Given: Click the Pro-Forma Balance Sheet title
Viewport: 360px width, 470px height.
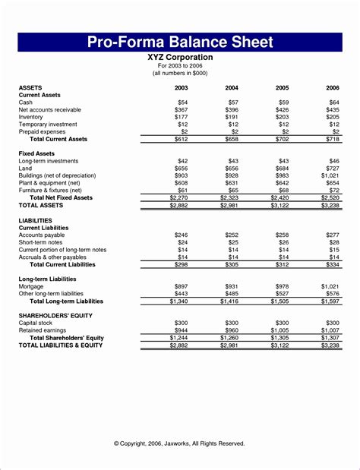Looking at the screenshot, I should pyautogui.click(x=180, y=41).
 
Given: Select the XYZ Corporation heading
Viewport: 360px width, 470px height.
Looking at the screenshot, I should pyautogui.click(x=180, y=57).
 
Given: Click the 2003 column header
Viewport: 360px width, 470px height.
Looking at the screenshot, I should pyautogui.click(x=182, y=87).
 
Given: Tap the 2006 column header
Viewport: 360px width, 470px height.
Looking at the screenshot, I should pyautogui.click(x=333, y=87).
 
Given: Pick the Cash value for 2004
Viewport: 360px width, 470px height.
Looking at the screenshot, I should pyautogui.click(x=233, y=102).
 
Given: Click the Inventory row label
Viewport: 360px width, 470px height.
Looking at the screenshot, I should pyautogui.click(x=32, y=117).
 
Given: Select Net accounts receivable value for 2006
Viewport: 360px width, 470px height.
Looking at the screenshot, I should pyautogui.click(x=333, y=109).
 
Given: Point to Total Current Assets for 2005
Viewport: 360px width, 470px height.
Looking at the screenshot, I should pyautogui.click(x=283, y=140).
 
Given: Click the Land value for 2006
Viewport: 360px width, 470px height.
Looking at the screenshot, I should pyautogui.click(x=333, y=169).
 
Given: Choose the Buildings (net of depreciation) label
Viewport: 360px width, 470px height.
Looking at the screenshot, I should pyautogui.click(x=58, y=175).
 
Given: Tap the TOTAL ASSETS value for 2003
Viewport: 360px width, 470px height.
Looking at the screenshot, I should pyautogui.click(x=179, y=205).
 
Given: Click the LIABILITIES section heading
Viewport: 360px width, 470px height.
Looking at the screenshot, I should pyautogui.click(x=36, y=220).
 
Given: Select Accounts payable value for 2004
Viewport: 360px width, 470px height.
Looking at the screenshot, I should pyautogui.click(x=232, y=235).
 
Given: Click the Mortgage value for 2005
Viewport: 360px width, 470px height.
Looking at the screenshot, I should pyautogui.click(x=283, y=286).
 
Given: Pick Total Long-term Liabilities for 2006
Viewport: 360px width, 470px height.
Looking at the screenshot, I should pyautogui.click(x=331, y=301).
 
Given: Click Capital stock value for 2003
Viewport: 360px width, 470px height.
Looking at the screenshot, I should pyautogui.click(x=182, y=323).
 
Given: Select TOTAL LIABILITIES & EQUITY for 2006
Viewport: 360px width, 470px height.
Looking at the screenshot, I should pyautogui.click(x=331, y=345).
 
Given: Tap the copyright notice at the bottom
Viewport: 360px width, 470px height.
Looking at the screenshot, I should pyautogui.click(x=180, y=443).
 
